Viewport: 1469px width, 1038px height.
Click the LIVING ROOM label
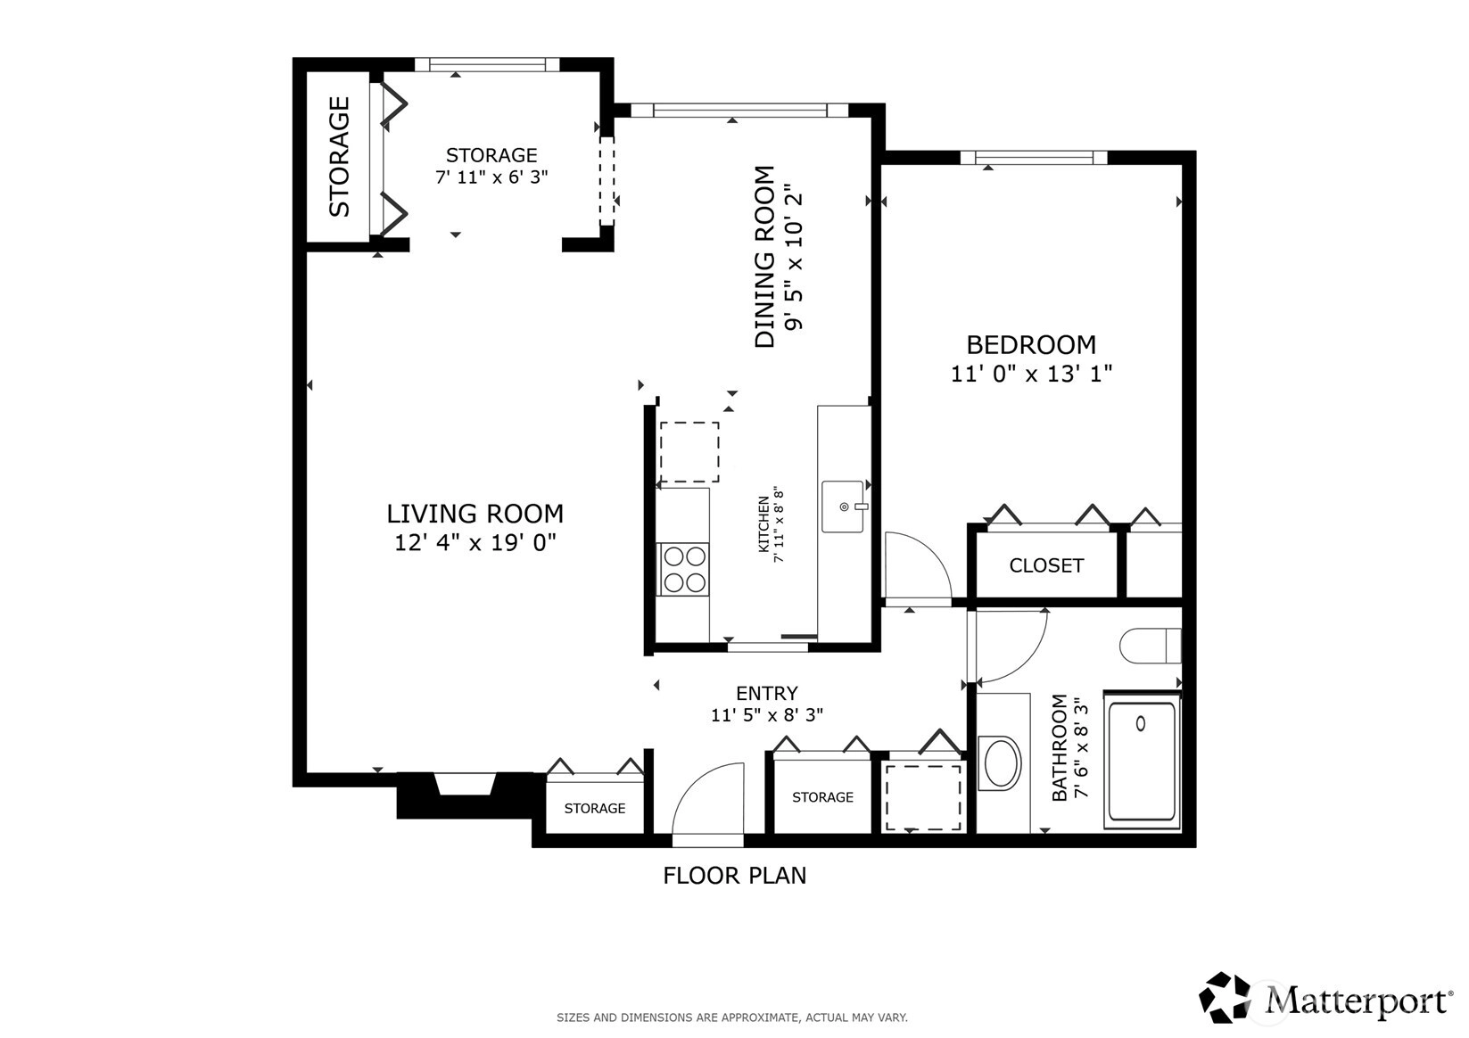pos(475,514)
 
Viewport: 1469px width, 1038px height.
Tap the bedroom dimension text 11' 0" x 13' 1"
pos(1032,374)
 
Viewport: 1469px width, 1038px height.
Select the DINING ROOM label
pos(764,257)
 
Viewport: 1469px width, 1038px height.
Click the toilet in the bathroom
pos(1151,646)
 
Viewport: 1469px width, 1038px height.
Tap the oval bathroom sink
pos(1000,763)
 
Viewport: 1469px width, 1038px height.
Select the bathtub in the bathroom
pos(1142,759)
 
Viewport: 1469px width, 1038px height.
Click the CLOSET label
pos(1046,565)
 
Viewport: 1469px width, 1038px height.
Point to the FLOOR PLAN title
pos(735,876)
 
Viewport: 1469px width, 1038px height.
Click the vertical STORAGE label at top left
pos(339,157)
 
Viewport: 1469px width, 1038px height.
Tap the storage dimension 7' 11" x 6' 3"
pos(491,177)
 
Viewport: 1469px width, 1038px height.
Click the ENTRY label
pos(767,693)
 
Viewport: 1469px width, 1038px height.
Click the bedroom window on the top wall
pos(1035,157)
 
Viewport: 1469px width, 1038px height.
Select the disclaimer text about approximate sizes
pos(732,1017)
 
